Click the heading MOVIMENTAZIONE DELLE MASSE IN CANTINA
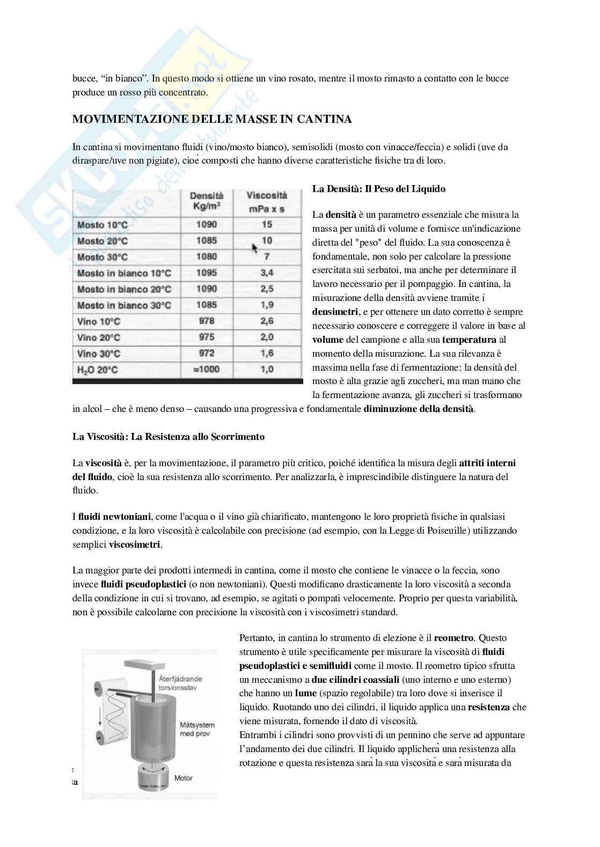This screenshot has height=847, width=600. coord(212,119)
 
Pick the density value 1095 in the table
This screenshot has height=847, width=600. coord(207,273)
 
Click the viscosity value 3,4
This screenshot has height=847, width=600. coord(267,273)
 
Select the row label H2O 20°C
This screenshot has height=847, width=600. coord(98,370)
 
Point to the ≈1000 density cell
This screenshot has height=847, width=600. coord(206,370)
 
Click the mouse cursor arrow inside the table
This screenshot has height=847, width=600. coord(254,247)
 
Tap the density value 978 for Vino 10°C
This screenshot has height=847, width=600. coord(206,321)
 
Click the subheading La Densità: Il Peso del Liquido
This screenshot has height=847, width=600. coord(379,189)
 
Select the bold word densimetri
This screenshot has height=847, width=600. coord(336,312)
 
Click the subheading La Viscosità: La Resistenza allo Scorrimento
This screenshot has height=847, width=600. coord(169,437)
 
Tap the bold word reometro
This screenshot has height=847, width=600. coord(453,638)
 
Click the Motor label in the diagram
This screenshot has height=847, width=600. coord(183,778)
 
